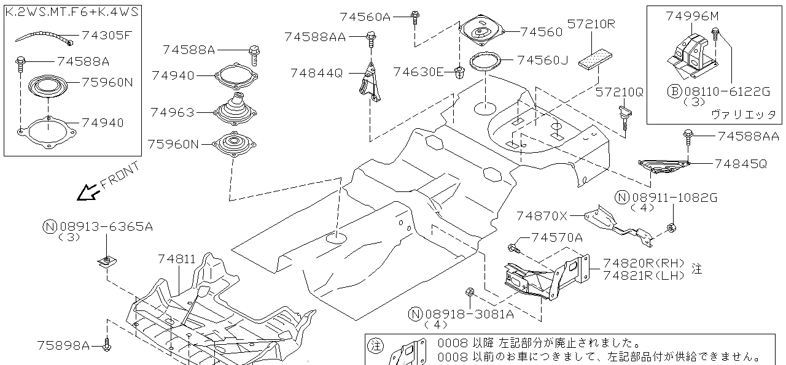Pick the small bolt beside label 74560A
click(x=415, y=17)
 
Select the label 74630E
click(x=418, y=72)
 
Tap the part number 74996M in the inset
click(x=691, y=17)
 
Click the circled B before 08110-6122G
click(x=674, y=92)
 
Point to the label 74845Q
click(x=741, y=164)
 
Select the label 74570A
click(x=556, y=237)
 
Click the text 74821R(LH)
click(x=644, y=276)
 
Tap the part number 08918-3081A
click(x=469, y=315)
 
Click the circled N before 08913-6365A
click(x=50, y=226)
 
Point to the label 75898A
click(x=63, y=345)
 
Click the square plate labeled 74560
click(x=482, y=31)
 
